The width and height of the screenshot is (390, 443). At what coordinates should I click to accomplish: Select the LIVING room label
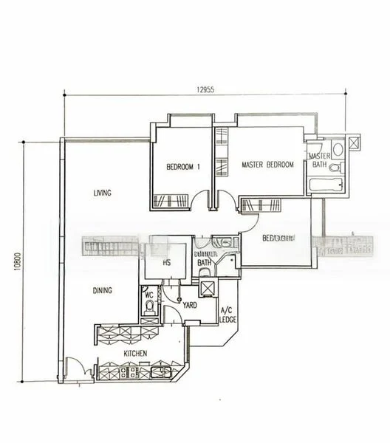click(x=102, y=193)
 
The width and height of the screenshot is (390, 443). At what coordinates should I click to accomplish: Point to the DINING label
click(x=102, y=290)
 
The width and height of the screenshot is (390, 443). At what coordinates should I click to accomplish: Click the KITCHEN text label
click(x=134, y=354)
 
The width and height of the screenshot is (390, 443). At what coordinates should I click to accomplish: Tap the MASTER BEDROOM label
click(x=268, y=165)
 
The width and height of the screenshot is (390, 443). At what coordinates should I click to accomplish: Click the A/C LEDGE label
click(x=227, y=315)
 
